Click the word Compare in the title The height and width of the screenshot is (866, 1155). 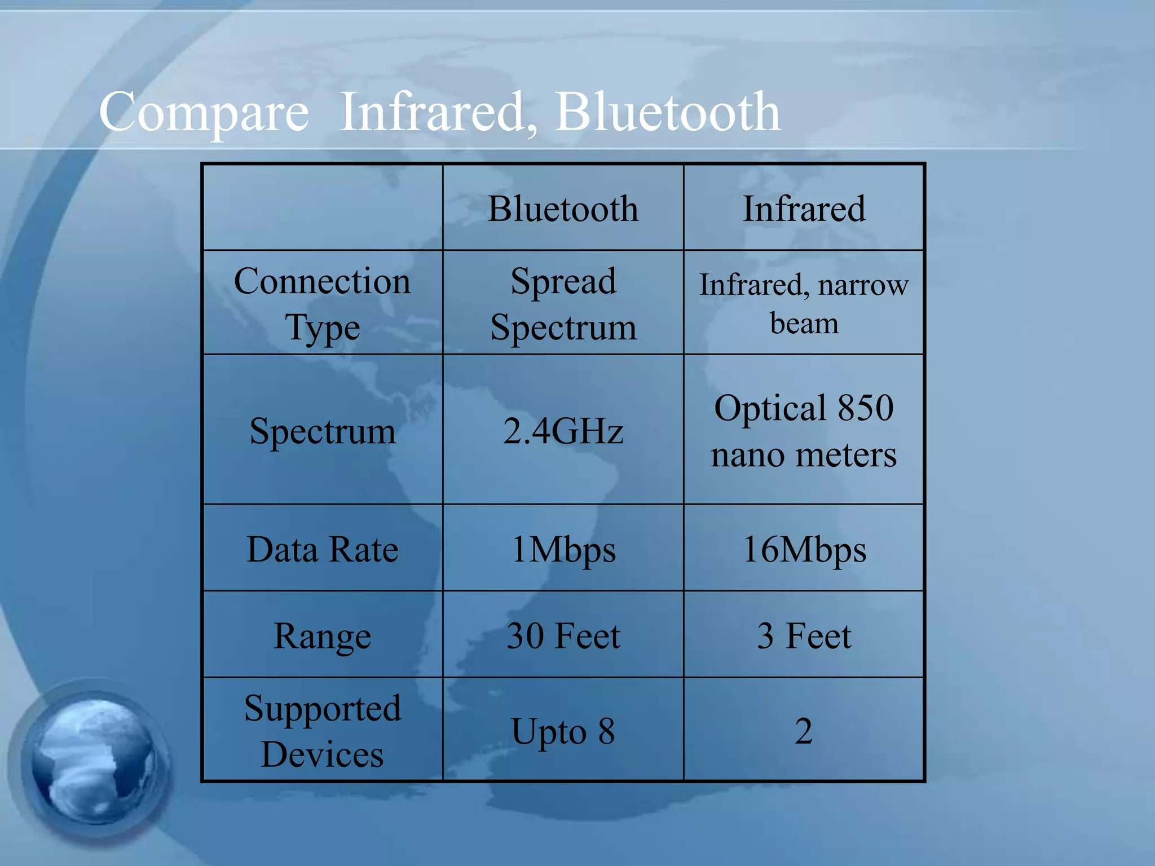click(x=204, y=113)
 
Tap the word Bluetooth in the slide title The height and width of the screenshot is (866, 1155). click(x=668, y=113)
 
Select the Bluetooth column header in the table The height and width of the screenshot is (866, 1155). click(x=563, y=209)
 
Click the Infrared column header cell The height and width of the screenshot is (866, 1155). click(x=804, y=209)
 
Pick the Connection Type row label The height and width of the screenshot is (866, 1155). click(x=322, y=303)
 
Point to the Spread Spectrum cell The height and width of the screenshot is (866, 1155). click(x=563, y=303)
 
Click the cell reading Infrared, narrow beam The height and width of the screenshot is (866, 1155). click(x=804, y=303)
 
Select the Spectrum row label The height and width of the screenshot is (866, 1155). click(x=322, y=431)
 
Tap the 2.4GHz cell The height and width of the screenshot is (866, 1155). click(x=563, y=431)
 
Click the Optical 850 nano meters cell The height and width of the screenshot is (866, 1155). click(x=804, y=431)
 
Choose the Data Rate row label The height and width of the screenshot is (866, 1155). click(x=322, y=549)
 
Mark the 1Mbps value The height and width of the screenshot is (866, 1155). click(x=563, y=549)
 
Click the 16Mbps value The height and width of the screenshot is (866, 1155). click(x=804, y=549)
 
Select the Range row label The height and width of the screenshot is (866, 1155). click(x=322, y=636)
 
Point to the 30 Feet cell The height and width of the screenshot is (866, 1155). click(x=563, y=636)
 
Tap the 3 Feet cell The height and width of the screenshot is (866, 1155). click(x=804, y=636)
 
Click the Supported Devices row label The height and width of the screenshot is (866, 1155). click(x=322, y=731)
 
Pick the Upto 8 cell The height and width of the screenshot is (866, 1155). click(x=563, y=731)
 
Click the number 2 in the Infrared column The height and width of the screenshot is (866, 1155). click(x=804, y=731)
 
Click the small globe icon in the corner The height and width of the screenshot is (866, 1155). click(x=93, y=761)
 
